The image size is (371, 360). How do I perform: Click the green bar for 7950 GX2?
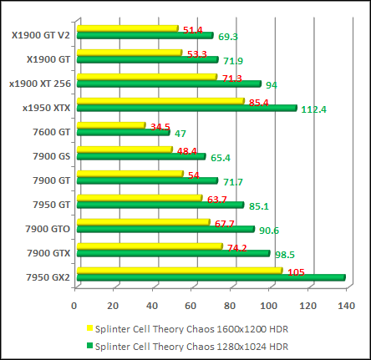pyautogui.click(x=209, y=277)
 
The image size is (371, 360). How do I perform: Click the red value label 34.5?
pyautogui.click(x=160, y=127)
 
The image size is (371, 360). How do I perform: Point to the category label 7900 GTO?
pyautogui.click(x=48, y=228)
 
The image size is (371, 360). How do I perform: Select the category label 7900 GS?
pyautogui.click(x=51, y=156)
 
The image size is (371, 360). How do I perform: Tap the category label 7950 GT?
pyautogui.click(x=51, y=204)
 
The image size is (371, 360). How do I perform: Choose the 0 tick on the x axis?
pyautogui.click(x=74, y=304)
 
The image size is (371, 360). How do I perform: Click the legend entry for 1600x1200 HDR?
pyautogui.click(x=192, y=329)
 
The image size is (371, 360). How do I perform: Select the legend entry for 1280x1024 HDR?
pyautogui.click(x=192, y=345)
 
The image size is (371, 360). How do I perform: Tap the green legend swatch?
pyautogui.click(x=89, y=346)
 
